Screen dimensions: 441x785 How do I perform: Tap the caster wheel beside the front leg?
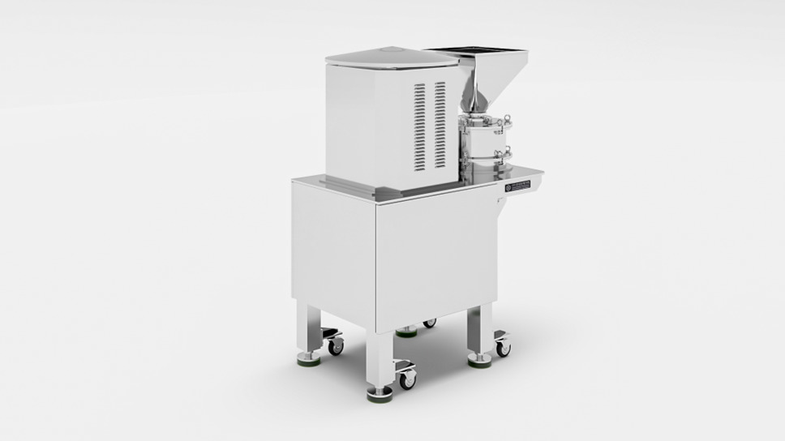click(x=406, y=377)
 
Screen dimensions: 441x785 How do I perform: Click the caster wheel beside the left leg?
click(x=335, y=345)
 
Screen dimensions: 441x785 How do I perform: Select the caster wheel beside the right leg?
click(x=503, y=348)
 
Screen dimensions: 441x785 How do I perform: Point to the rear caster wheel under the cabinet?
click(x=429, y=323)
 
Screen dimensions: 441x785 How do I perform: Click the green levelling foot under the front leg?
click(x=380, y=396)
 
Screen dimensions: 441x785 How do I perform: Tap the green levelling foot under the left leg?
click(x=307, y=358)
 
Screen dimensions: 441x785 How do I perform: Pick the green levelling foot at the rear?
click(x=407, y=332)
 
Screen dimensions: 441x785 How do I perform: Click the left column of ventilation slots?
click(x=419, y=127)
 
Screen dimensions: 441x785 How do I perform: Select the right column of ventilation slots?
click(x=440, y=126)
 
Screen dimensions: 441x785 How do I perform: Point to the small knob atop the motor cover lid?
click(x=389, y=50)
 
